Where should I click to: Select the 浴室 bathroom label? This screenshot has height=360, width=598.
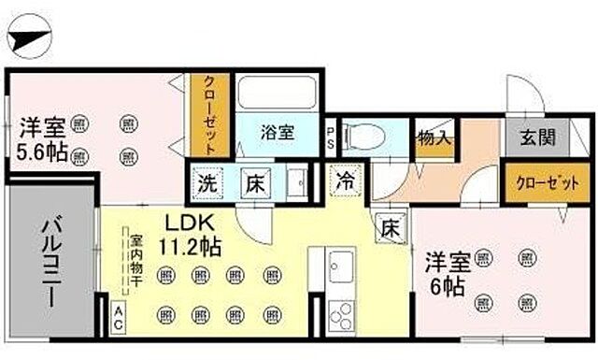[277, 133]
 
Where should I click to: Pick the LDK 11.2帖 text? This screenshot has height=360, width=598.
[192, 236]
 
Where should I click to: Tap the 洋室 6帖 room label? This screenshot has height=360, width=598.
[448, 272]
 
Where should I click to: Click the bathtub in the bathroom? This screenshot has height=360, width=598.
[278, 94]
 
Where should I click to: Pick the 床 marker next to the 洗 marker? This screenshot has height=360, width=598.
[254, 182]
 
